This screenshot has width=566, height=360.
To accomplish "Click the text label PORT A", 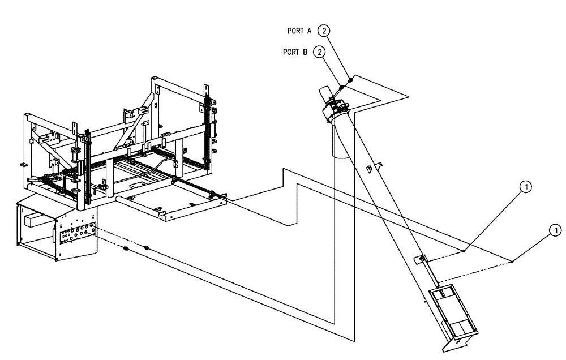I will click(x=301, y=31).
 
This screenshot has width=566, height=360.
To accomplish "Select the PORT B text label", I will click(x=294, y=52).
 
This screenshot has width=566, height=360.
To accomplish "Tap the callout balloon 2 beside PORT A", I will click(x=324, y=31).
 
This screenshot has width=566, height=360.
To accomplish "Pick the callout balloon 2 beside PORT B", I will click(x=320, y=52).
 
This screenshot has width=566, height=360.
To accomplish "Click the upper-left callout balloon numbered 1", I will click(x=526, y=186).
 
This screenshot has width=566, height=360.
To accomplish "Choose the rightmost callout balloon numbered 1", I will click(x=556, y=229).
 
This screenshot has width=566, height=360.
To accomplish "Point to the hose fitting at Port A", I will click(x=350, y=80).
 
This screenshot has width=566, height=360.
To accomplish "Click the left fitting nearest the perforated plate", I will click(x=125, y=248).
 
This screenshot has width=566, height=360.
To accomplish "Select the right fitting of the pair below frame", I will click(x=146, y=247).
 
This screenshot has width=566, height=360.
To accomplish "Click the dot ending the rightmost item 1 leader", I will click(x=512, y=262).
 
